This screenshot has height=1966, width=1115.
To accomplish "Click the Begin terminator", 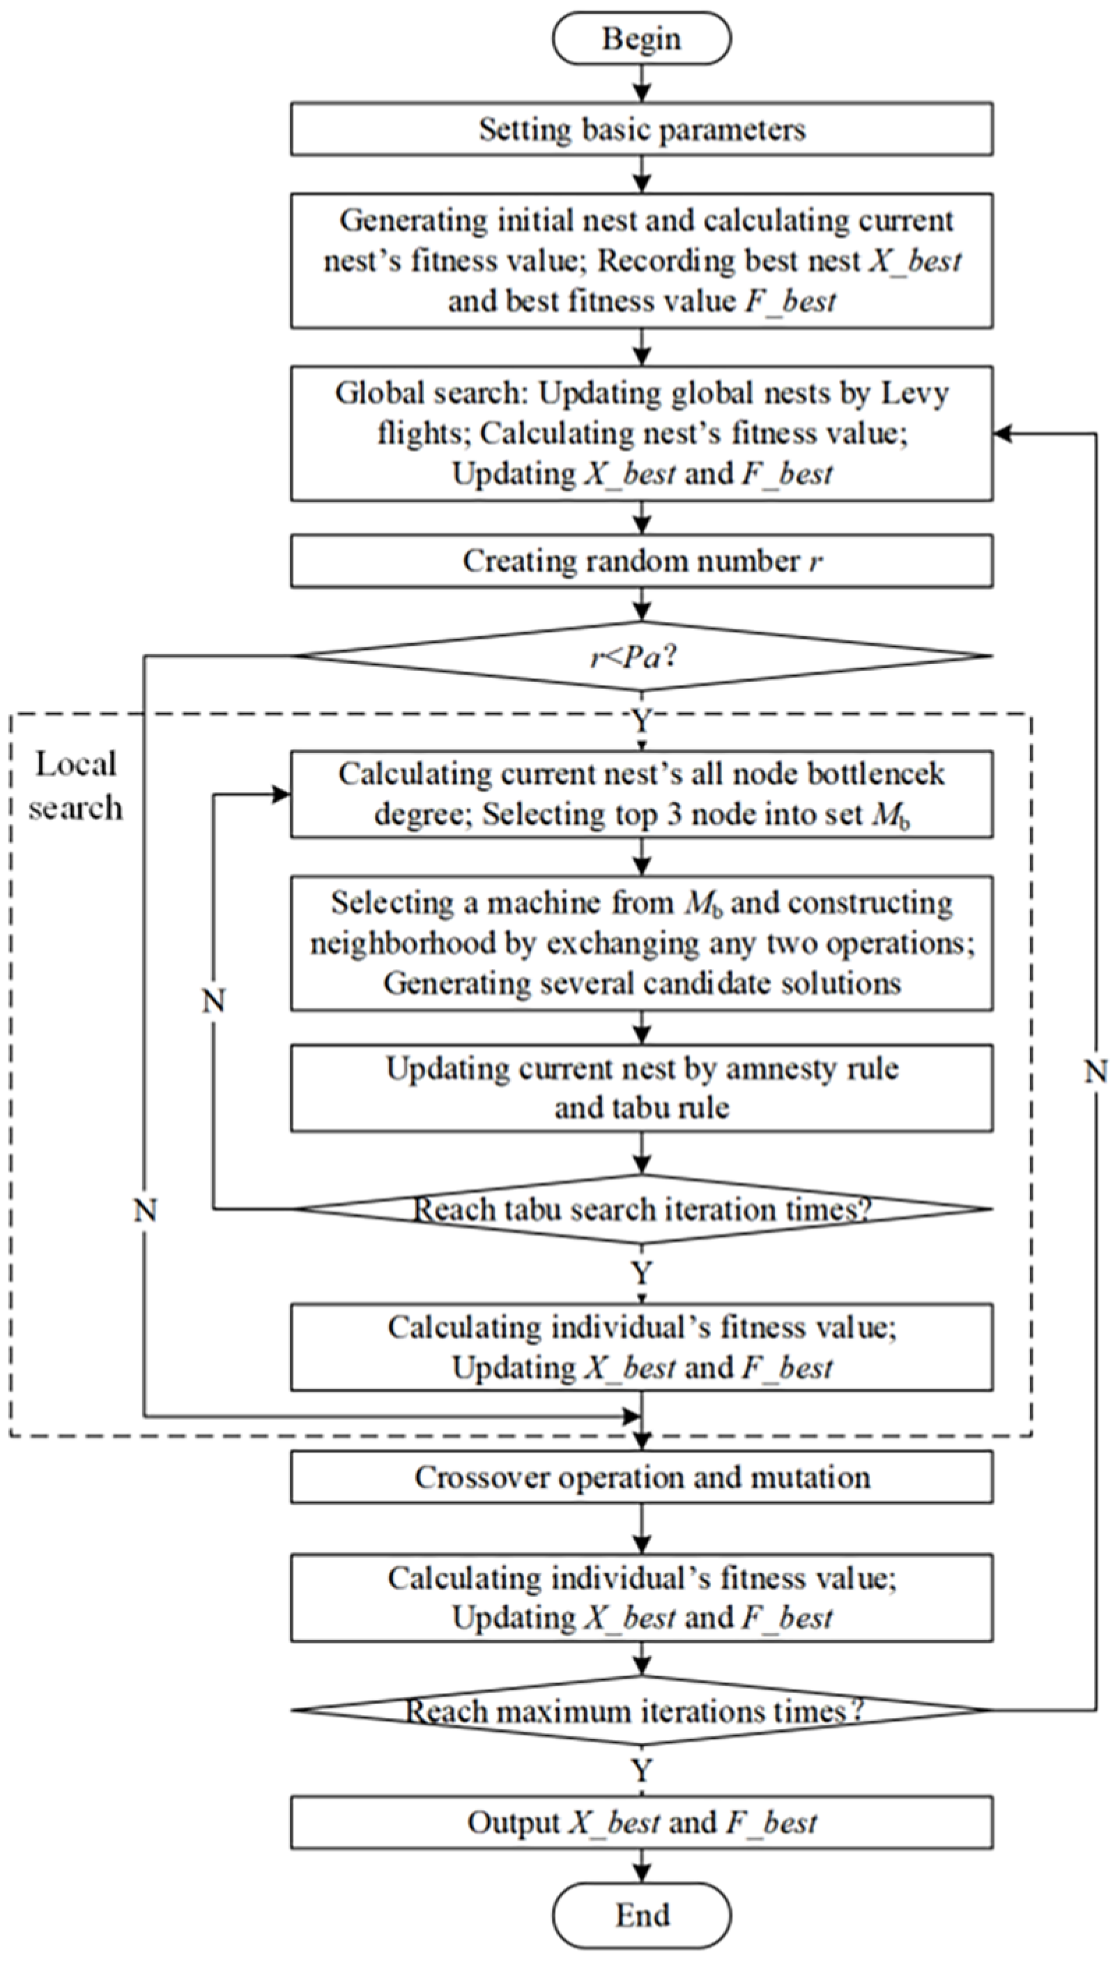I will (641, 38).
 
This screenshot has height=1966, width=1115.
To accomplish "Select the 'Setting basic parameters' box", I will (641, 130).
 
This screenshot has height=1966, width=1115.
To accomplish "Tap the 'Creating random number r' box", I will (641, 562).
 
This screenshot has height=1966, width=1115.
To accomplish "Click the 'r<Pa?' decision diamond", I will (641, 656).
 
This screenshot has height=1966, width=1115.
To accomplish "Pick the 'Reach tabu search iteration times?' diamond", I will (641, 1209).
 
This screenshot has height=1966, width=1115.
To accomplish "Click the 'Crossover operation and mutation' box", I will (641, 1477).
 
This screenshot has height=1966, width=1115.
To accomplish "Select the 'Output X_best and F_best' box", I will (641, 1823).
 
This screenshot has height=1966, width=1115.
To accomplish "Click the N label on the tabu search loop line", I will (214, 1000).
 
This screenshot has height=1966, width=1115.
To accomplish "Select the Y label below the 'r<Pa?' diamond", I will (641, 721).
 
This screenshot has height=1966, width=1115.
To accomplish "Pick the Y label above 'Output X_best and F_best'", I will (641, 1772).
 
